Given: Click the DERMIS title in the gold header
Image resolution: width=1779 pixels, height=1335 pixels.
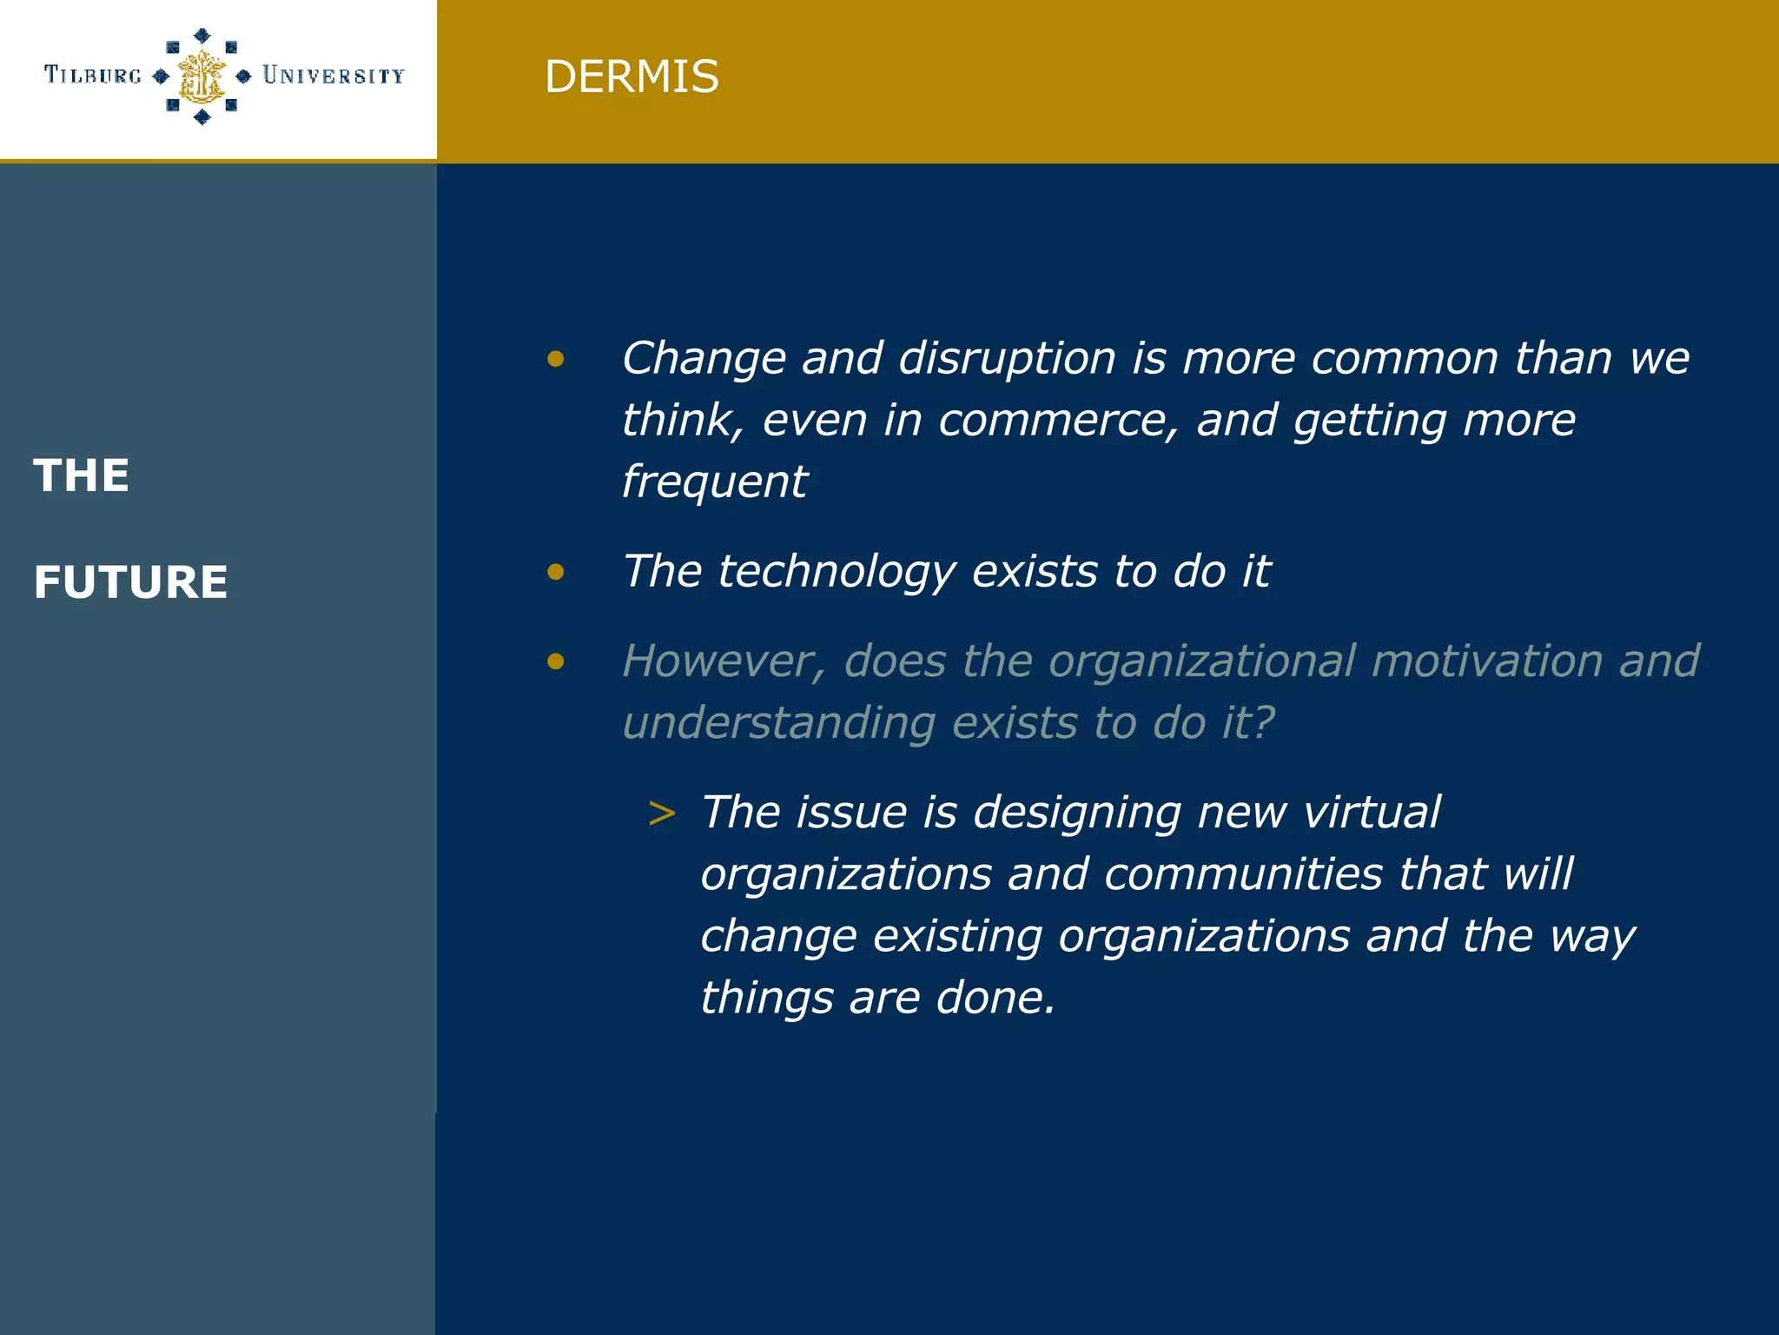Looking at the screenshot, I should [x=632, y=76].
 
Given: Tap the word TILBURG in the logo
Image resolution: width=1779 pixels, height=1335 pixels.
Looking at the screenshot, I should [x=93, y=76].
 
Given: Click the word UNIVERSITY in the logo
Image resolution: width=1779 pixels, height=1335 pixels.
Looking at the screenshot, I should [x=334, y=76].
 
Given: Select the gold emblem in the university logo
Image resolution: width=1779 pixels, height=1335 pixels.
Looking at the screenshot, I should [x=202, y=76].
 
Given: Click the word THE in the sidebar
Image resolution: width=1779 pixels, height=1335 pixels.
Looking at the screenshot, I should [x=82, y=476].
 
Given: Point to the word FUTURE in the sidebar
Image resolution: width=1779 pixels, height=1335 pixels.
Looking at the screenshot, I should [x=130, y=582].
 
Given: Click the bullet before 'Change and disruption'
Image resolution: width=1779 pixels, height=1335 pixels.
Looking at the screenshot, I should [x=556, y=358].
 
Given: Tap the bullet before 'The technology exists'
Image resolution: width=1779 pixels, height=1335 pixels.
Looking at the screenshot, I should [x=556, y=572].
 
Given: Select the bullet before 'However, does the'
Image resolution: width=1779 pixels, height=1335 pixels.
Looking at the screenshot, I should [x=556, y=662].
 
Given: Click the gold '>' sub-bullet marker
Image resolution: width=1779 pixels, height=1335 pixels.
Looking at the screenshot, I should [x=662, y=814].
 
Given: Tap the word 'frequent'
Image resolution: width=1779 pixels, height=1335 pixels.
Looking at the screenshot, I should [x=715, y=482].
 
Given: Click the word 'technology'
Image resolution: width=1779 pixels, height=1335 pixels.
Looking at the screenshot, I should [x=837, y=572].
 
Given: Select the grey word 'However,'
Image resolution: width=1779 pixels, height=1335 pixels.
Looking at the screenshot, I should [x=724, y=661].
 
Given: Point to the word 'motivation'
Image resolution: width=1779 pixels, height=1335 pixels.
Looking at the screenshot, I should [x=1487, y=661].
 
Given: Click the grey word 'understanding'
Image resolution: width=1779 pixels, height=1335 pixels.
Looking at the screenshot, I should [x=779, y=723].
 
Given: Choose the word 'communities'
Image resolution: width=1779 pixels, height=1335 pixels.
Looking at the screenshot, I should [x=1243, y=874].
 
